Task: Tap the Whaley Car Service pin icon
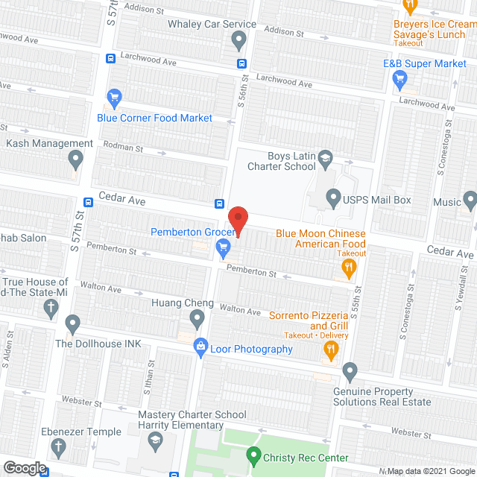point(238,40)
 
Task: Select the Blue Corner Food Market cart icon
point(114,98)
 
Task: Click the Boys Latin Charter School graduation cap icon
point(324,158)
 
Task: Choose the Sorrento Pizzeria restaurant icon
point(327,355)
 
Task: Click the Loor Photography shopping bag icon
point(200,347)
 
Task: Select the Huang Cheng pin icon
point(197,320)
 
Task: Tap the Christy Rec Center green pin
point(253,454)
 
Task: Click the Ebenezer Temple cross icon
point(58,448)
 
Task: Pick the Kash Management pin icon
point(75,159)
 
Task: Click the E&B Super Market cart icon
point(387,81)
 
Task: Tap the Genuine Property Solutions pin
point(350,370)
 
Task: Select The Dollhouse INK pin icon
point(72,324)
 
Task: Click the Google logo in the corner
point(24,468)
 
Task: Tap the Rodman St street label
point(122,148)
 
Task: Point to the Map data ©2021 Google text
point(430,471)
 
